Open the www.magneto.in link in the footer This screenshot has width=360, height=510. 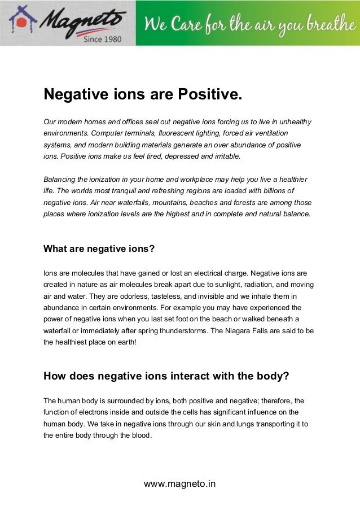(180, 483)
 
